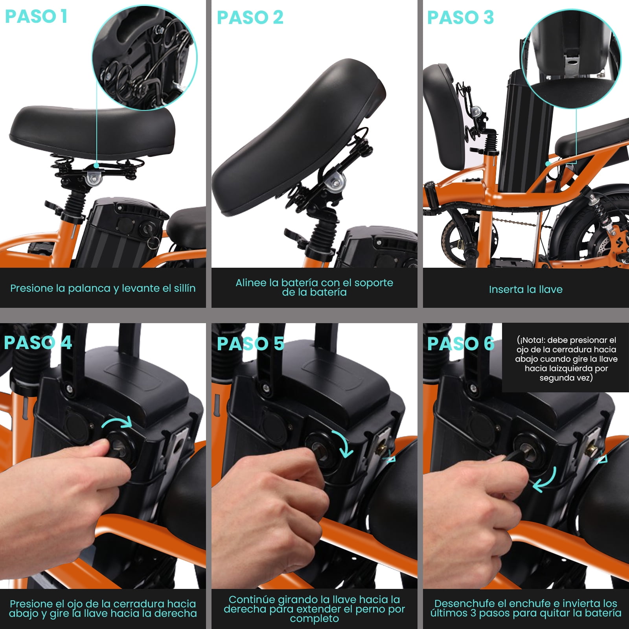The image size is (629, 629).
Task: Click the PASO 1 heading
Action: [x=36, y=17]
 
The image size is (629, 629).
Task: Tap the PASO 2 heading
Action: [x=250, y=17]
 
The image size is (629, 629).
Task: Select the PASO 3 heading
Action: [x=460, y=17]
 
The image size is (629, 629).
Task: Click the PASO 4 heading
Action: [x=38, y=342]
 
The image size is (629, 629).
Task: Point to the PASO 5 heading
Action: [x=250, y=344]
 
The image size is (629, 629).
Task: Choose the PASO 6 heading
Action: [x=461, y=344]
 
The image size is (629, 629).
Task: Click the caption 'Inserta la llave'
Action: [x=526, y=289]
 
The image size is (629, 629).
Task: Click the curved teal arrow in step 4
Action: [x=117, y=423]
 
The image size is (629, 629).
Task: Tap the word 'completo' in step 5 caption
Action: [x=314, y=619]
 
